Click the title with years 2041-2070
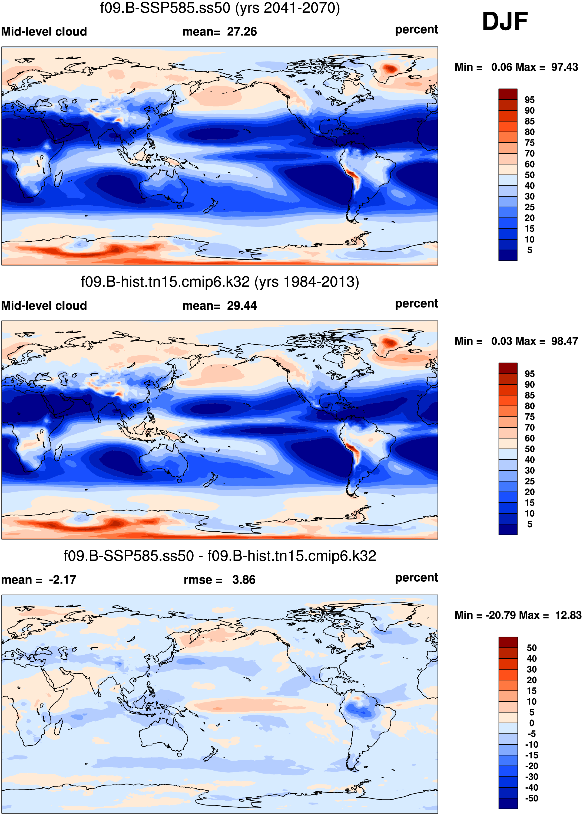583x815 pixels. [x=220, y=8]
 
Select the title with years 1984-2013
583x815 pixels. [x=220, y=282]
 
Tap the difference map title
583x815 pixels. [x=220, y=556]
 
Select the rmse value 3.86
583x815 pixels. [x=244, y=580]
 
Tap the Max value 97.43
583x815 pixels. [x=564, y=67]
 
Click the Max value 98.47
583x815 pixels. [x=564, y=341]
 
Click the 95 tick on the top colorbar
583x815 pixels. [x=529, y=100]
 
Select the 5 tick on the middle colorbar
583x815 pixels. [x=529, y=524]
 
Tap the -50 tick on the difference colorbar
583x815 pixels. [x=531, y=798]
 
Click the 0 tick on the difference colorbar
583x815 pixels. [x=532, y=723]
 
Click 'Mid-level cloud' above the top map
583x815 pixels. [x=44, y=32]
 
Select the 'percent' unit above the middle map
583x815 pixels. [x=416, y=304]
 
